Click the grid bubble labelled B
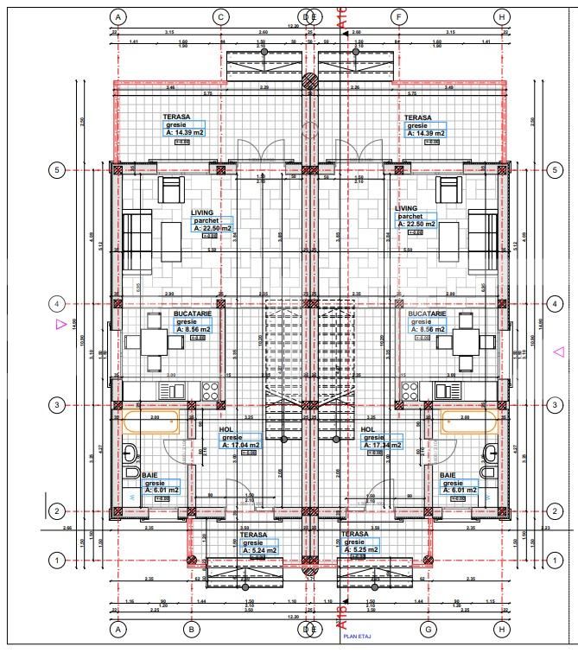coord(191,630)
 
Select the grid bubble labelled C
coord(220,16)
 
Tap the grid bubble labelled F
coord(398,16)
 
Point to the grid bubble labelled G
coord(428,630)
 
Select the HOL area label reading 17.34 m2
coord(381,444)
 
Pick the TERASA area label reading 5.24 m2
coord(259,549)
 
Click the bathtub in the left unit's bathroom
coord(153,422)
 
